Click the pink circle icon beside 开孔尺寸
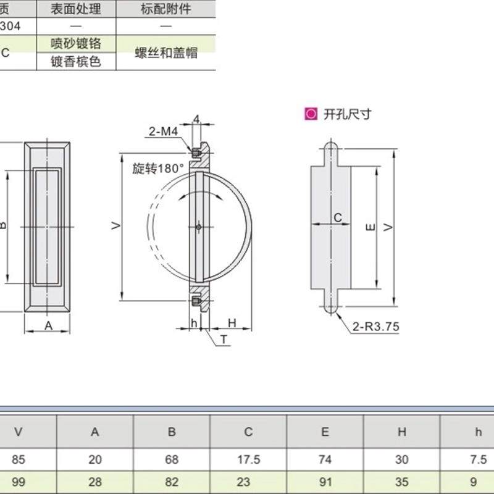coord(311,114)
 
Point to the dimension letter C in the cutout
coord(337,217)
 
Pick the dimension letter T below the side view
coord(224,340)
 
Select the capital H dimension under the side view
coord(232,322)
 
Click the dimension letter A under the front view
coord(48,326)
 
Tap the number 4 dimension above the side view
coord(196,119)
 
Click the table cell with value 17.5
coord(248,459)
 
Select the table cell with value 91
coord(325,482)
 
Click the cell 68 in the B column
coord(172,459)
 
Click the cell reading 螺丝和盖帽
coord(166,52)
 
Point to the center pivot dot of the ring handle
coord(198,227)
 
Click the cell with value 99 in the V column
coord(19,482)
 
